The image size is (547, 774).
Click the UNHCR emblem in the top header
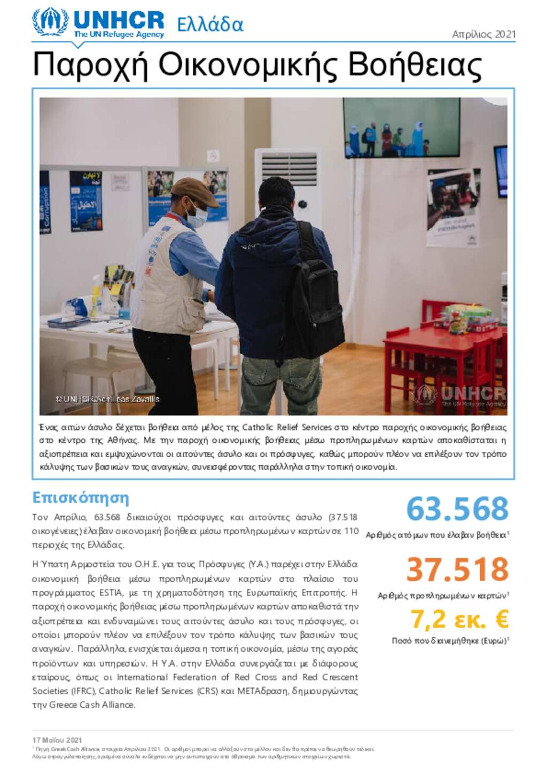50,22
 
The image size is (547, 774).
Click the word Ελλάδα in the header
210,25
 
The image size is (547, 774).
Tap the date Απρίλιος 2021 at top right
483,34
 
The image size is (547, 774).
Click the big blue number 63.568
457,509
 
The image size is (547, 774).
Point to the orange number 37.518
457,569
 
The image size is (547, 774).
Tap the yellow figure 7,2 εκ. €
459,619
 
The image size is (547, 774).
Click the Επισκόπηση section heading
81,498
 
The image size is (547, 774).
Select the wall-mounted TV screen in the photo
401,127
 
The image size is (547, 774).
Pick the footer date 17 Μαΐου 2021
57,740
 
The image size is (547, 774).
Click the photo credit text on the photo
107,399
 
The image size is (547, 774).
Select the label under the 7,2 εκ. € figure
450,640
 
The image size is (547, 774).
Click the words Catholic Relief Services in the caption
287,427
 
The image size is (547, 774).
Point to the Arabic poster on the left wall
85,201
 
